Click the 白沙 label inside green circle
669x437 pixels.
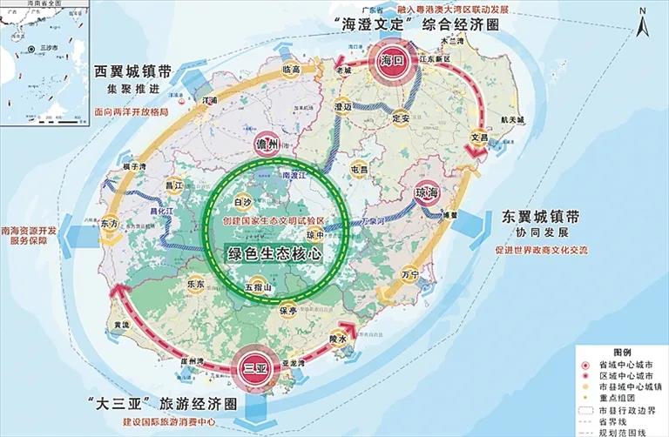(x=243, y=203)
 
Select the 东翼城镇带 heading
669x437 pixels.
(x=537, y=218)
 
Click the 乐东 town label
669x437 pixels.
(x=195, y=283)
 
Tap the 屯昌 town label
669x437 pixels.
(x=359, y=169)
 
